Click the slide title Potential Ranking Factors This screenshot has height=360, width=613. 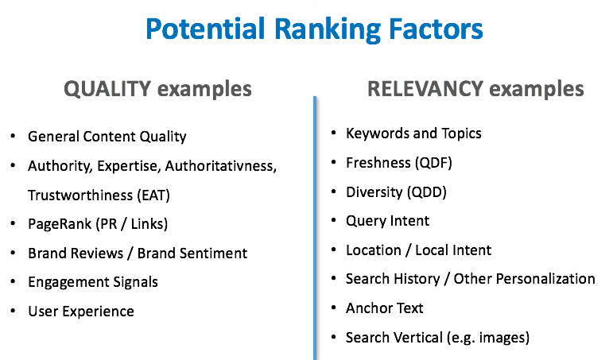click(315, 29)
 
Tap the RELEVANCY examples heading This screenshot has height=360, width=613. click(475, 88)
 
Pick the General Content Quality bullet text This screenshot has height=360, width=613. click(107, 137)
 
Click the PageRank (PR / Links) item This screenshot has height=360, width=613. click(98, 224)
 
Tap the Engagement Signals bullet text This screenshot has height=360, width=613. click(93, 282)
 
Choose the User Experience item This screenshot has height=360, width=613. click(81, 312)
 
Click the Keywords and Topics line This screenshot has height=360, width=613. click(413, 133)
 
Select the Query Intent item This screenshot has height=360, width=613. click(387, 221)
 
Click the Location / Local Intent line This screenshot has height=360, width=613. click(418, 250)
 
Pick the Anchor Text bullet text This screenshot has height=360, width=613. click(385, 308)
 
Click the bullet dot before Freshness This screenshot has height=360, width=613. click(331, 162)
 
